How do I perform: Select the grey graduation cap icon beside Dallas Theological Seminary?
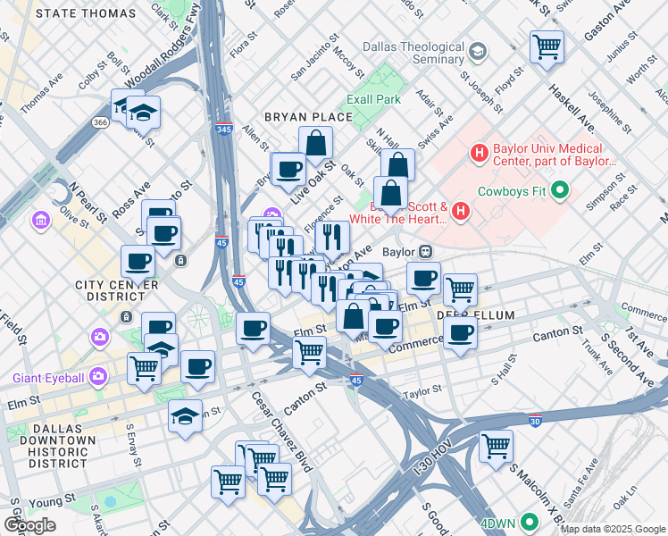[478, 52]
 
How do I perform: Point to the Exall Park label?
[374, 99]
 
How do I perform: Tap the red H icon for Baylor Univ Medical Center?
[479, 154]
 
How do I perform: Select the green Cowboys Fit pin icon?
[560, 189]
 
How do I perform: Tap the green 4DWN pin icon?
[530, 522]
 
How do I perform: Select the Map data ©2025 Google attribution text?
[613, 529]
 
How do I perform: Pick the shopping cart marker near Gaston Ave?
[547, 46]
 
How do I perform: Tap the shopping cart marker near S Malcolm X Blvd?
[496, 446]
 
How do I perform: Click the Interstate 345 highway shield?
[224, 130]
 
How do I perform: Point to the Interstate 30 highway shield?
[535, 421]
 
